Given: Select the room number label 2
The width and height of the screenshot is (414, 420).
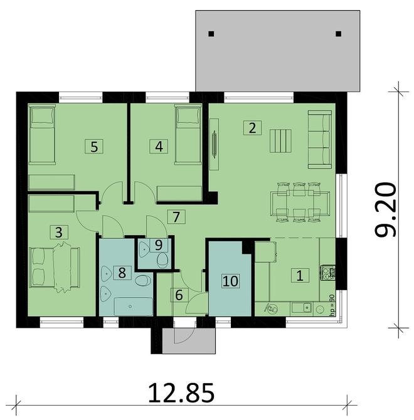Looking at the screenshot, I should (x=252, y=129).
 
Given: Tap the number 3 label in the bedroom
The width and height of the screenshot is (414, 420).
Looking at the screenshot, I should (x=58, y=231).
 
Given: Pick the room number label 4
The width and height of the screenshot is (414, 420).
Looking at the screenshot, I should (x=159, y=146).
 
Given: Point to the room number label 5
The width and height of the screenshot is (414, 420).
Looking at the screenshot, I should (x=94, y=147).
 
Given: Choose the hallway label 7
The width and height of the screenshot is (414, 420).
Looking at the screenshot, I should (x=177, y=218).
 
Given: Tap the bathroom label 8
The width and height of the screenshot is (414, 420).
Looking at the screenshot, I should (x=122, y=272).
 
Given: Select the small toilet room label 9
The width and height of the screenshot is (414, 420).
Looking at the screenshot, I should (x=159, y=245).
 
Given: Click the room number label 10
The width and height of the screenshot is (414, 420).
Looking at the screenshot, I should (x=230, y=280).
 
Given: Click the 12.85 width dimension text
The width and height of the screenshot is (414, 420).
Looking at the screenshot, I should (x=181, y=394).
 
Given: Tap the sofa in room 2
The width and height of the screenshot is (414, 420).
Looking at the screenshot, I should (x=320, y=139).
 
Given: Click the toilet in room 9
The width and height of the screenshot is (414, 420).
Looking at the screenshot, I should (x=162, y=259).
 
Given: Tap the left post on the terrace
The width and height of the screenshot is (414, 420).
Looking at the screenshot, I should (x=211, y=34).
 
